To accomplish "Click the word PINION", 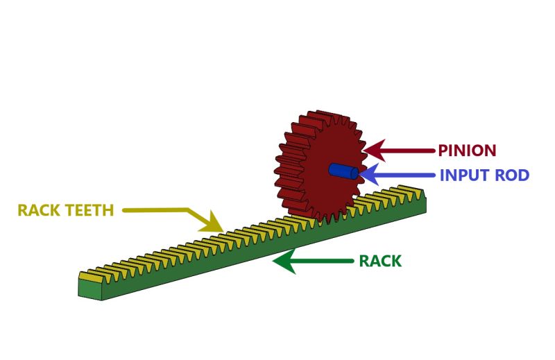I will pos(467,151).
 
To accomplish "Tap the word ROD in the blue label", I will pos(513,175).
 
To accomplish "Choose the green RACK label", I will pos(380,262).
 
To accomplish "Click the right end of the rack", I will pos(423,204).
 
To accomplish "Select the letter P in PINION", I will pos(442,151).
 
